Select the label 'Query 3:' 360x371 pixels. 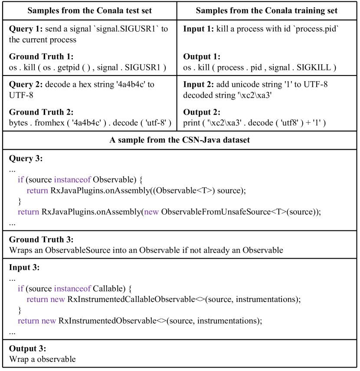pos(26,158)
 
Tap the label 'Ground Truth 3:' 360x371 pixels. pos(41,240)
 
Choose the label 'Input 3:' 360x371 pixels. pos(24,267)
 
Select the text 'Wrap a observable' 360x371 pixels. pos(42,359)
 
